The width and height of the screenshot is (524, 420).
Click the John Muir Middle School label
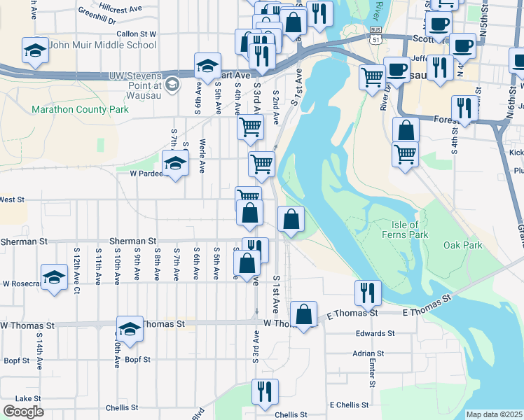103,45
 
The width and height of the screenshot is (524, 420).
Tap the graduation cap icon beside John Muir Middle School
35,50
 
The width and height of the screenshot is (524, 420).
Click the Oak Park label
463,246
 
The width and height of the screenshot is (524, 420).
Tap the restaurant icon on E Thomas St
368,292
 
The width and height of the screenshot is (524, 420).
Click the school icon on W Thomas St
130,328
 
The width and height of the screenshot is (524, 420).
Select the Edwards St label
371,334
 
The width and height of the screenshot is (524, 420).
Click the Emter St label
372,374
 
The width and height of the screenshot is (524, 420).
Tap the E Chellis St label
349,405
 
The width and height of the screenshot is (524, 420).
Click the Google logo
23,412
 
